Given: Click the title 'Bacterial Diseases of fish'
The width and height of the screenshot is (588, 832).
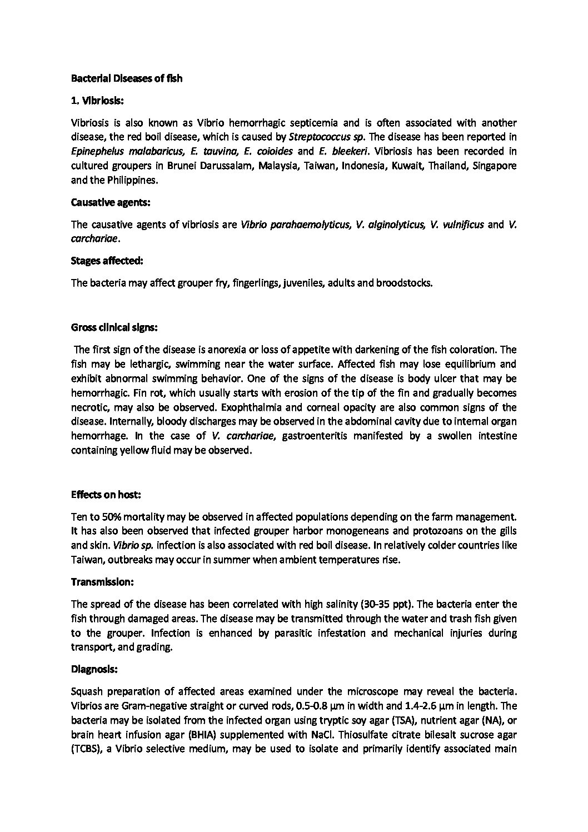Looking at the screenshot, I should pyautogui.click(x=127, y=78).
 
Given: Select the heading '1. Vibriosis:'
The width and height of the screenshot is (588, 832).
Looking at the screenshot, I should pyautogui.click(x=98, y=101).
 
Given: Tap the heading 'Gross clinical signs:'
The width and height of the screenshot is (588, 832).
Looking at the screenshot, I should pyautogui.click(x=114, y=327).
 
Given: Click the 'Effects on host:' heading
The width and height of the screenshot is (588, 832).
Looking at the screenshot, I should pyautogui.click(x=106, y=494).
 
